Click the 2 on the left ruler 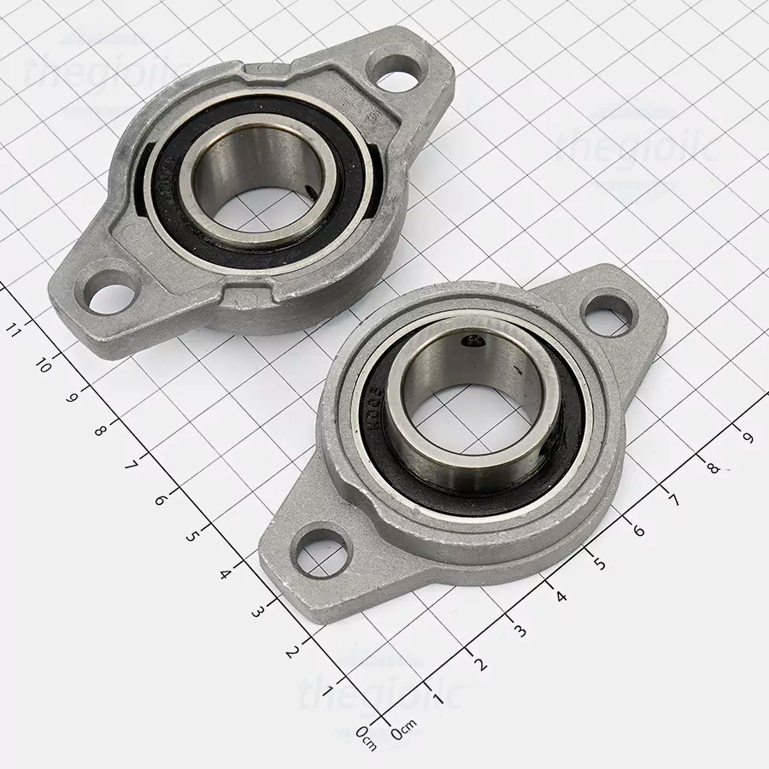click(291, 651)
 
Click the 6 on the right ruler click(637, 530)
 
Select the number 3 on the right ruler click(520, 631)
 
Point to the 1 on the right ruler click(439, 698)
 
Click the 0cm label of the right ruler click(403, 732)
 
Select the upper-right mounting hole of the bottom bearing click(609, 313)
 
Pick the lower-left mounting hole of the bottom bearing click(322, 554)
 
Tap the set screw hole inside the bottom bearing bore click(470, 342)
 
